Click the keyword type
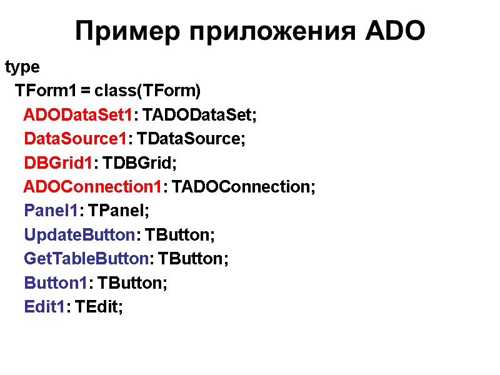coord(22,67)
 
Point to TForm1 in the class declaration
coord(46,91)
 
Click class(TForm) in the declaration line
coord(148,91)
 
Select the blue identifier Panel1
coord(51,211)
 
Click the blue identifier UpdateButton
coord(79,235)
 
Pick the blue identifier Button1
coord(55,283)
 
